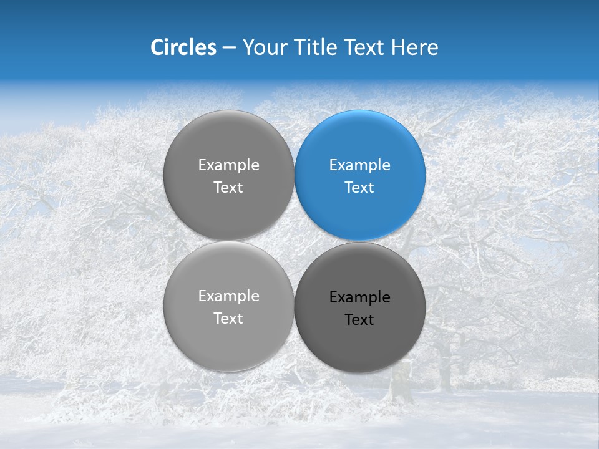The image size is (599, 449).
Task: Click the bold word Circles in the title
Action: click(183, 47)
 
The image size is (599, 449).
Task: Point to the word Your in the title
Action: click(263, 47)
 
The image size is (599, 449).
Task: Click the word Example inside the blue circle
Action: click(360, 165)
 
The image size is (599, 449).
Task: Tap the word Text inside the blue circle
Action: click(360, 188)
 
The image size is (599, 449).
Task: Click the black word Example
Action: click(360, 297)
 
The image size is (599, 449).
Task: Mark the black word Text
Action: click(360, 320)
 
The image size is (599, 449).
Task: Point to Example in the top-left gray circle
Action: click(228, 165)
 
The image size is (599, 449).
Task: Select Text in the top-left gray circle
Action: click(228, 188)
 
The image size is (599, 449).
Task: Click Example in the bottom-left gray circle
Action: click(228, 296)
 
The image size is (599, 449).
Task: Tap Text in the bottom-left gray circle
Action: click(228, 319)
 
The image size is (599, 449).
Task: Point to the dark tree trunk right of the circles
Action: click(444, 368)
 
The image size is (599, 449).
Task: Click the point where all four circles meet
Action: click(295, 241)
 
